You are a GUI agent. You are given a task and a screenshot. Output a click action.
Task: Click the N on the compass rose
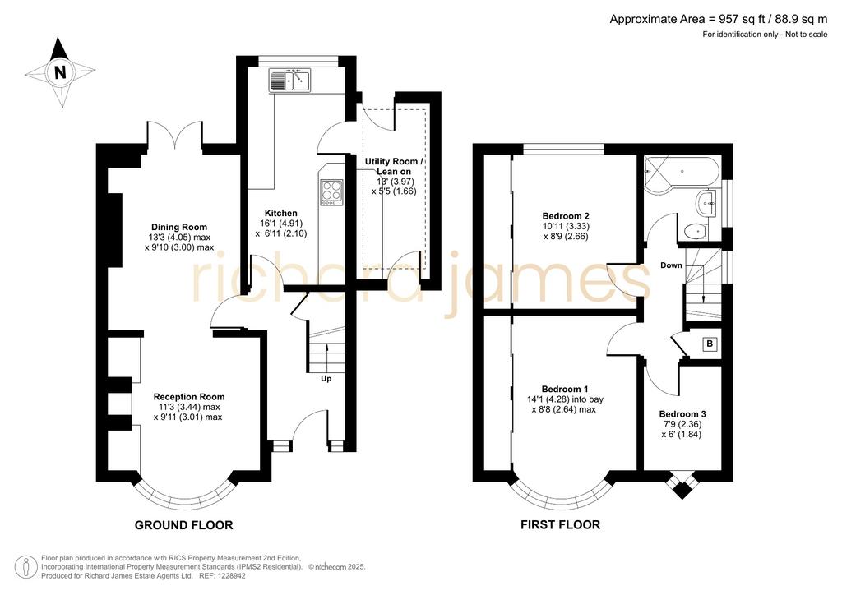coord(60,71)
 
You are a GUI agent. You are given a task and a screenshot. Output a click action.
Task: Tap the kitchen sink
coord(290,81)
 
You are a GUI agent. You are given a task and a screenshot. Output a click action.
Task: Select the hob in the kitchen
coord(332,192)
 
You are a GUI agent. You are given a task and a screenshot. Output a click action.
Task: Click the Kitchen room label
coord(281,213)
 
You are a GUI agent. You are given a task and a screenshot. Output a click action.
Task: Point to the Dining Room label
coord(178,227)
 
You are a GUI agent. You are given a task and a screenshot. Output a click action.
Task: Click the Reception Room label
coord(189,397)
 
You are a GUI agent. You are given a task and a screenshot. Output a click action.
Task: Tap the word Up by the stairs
coord(326,379)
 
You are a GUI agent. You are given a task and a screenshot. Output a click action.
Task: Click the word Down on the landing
coord(671,265)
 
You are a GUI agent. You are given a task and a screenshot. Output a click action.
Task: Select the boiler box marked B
coord(710,344)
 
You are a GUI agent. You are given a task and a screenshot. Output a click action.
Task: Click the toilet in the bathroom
coord(696,231)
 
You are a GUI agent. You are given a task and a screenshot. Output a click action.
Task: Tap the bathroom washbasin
coord(706,203)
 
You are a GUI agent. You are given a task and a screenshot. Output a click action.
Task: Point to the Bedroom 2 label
coord(566,216)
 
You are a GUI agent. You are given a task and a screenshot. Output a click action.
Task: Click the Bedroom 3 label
coord(682,414)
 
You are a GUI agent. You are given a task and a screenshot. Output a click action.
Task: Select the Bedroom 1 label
coord(565,389)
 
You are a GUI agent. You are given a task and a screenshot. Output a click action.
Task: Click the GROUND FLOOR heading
coord(183,525)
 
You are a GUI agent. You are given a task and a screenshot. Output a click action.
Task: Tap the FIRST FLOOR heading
coord(560,524)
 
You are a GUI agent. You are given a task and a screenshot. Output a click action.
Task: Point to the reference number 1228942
coord(230,575)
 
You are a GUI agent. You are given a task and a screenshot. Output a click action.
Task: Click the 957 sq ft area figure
coord(741,20)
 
